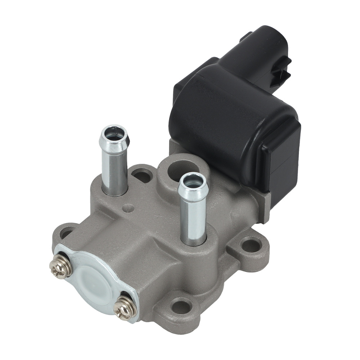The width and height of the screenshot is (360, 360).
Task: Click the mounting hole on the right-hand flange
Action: click(251, 246)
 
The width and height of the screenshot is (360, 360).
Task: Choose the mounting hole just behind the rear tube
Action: click(143, 176)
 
